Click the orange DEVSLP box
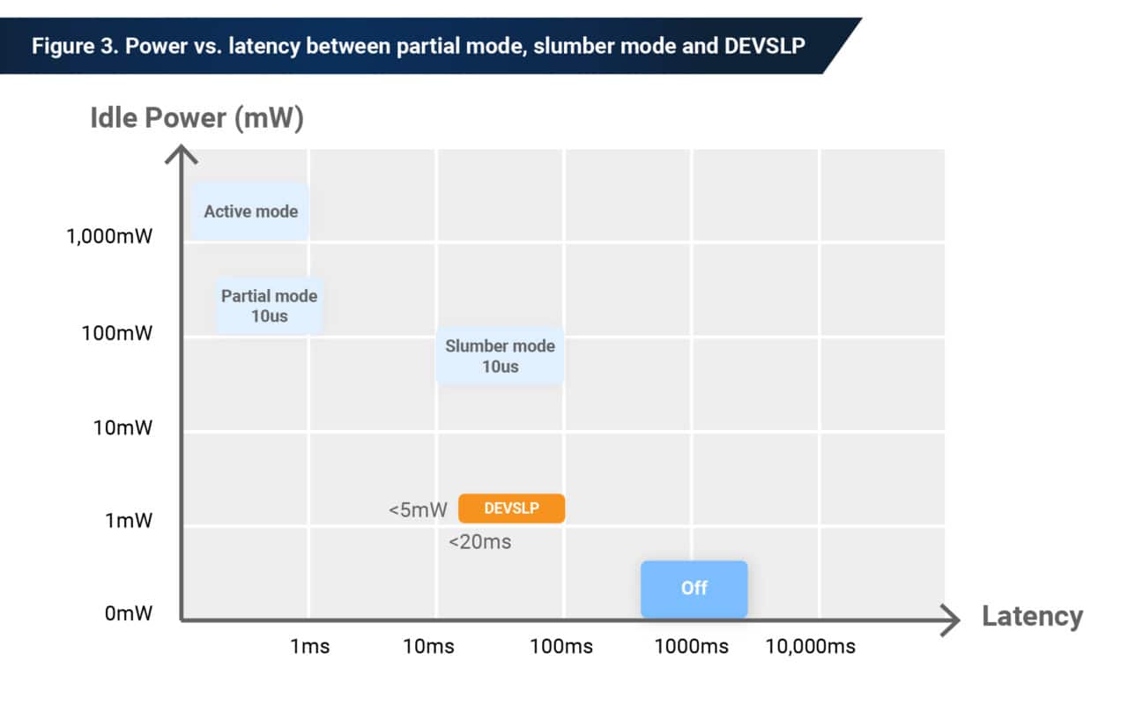click(x=511, y=508)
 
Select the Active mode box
click(x=250, y=211)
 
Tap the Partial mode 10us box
click(x=269, y=306)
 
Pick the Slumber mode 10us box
click(x=500, y=356)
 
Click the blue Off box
click(x=694, y=588)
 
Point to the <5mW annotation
click(x=418, y=509)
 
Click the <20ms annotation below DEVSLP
click(x=479, y=542)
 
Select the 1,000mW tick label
click(x=109, y=237)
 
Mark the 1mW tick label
click(x=129, y=521)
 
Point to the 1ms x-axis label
click(x=309, y=647)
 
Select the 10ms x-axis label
click(x=428, y=647)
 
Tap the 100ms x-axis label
click(x=561, y=647)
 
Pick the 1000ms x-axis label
click(x=691, y=647)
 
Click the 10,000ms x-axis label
click(x=810, y=647)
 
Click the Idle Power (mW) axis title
click(x=197, y=118)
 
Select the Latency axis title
click(x=1032, y=616)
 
